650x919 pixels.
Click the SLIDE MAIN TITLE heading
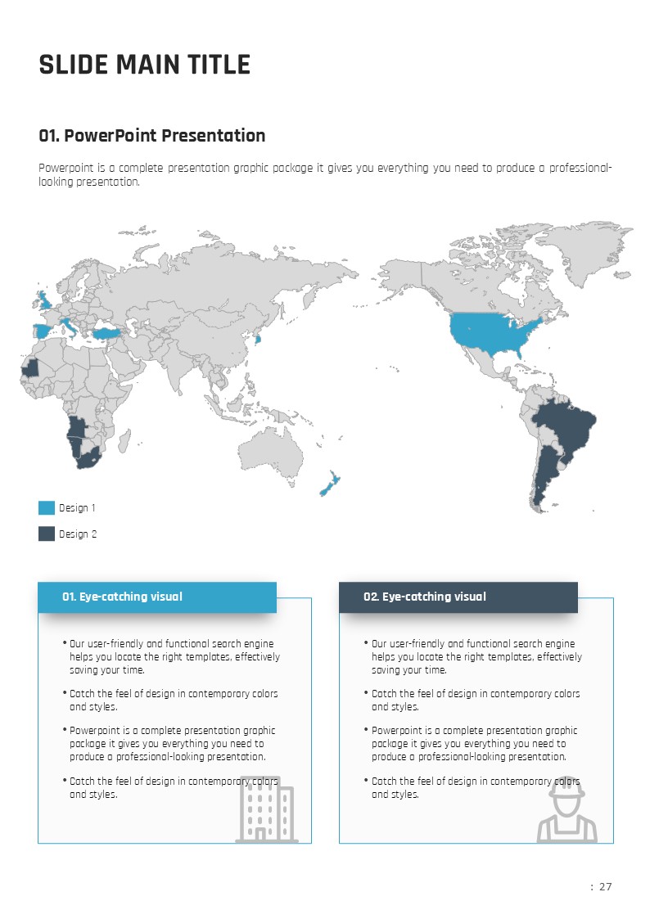[144, 65]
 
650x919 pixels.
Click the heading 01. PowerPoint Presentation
[152, 136]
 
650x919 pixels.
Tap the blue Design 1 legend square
[47, 508]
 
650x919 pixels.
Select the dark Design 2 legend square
[47, 534]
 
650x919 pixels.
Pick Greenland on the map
[585, 250]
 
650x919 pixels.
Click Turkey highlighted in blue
[107, 332]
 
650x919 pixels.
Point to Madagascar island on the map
[125, 442]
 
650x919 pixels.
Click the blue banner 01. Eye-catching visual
[157, 597]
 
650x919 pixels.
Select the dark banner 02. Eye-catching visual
[458, 597]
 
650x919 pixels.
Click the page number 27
[605, 887]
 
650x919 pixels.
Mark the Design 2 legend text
[78, 534]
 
